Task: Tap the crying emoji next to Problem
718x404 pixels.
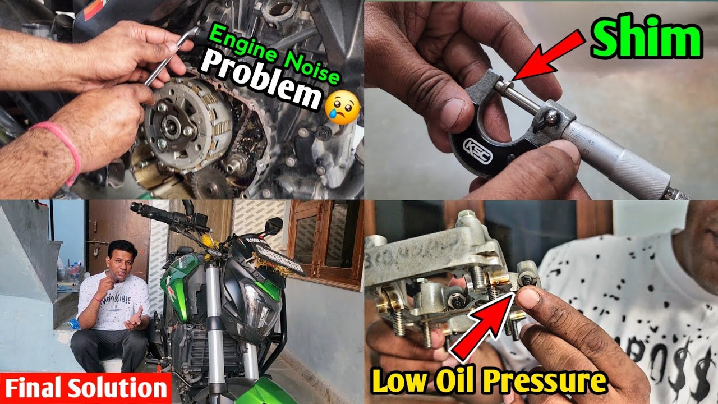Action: [342, 101]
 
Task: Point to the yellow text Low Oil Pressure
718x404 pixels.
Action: [489, 382]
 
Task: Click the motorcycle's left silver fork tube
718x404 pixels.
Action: [213, 314]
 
